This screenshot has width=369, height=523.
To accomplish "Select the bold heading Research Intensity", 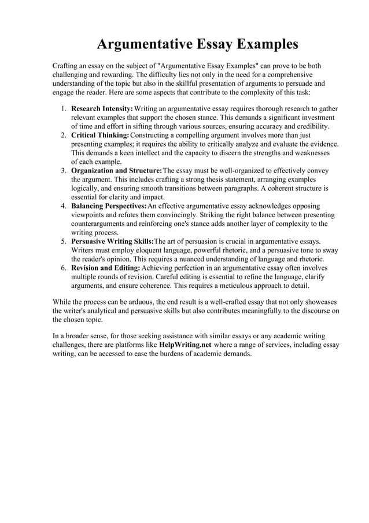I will [x=102, y=108].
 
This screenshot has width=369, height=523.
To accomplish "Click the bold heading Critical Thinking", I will [x=101, y=135].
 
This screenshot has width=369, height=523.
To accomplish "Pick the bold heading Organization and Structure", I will [x=116, y=170].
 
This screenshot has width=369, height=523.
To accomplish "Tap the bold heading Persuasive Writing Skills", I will [x=112, y=241].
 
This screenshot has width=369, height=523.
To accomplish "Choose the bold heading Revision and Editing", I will [x=105, y=268].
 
